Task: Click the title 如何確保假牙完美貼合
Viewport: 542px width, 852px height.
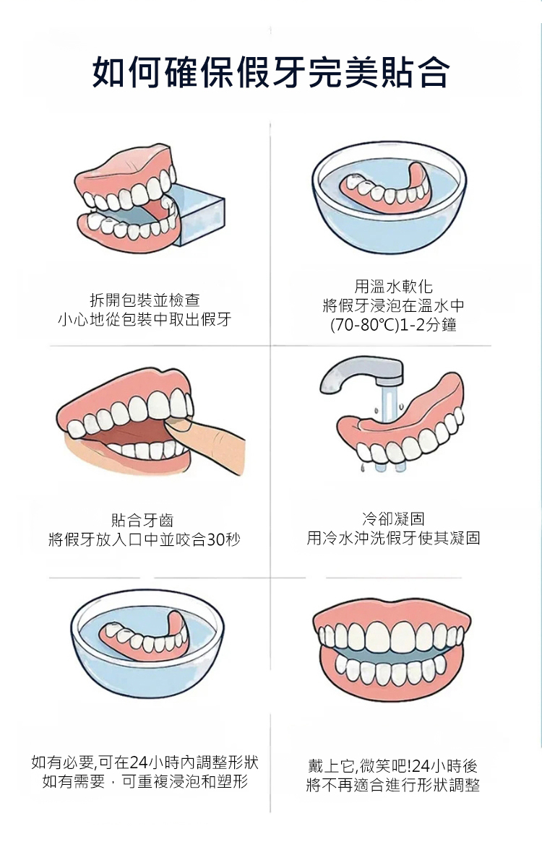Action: pos(271,71)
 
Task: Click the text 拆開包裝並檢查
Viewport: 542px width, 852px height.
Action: pos(145,300)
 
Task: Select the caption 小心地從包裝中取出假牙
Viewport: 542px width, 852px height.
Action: pos(145,319)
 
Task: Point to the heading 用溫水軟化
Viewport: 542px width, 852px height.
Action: pos(393,286)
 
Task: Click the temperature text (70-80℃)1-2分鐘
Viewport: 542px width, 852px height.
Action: pos(393,325)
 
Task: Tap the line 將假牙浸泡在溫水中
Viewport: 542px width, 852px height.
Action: pos(393,305)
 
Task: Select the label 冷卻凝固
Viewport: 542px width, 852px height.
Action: pos(393,518)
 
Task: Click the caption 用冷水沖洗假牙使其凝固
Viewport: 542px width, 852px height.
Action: pos(393,538)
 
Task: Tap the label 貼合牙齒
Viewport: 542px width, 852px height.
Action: pos(142,520)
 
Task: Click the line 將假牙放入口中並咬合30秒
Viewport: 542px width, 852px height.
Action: pos(144,539)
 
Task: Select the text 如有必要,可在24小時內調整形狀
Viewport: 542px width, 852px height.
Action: pos(145,762)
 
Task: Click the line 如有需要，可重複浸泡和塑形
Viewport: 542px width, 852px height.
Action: pos(145,781)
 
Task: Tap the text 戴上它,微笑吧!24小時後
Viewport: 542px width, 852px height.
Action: pos(392,765)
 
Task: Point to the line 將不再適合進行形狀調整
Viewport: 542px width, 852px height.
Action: pos(392,785)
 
